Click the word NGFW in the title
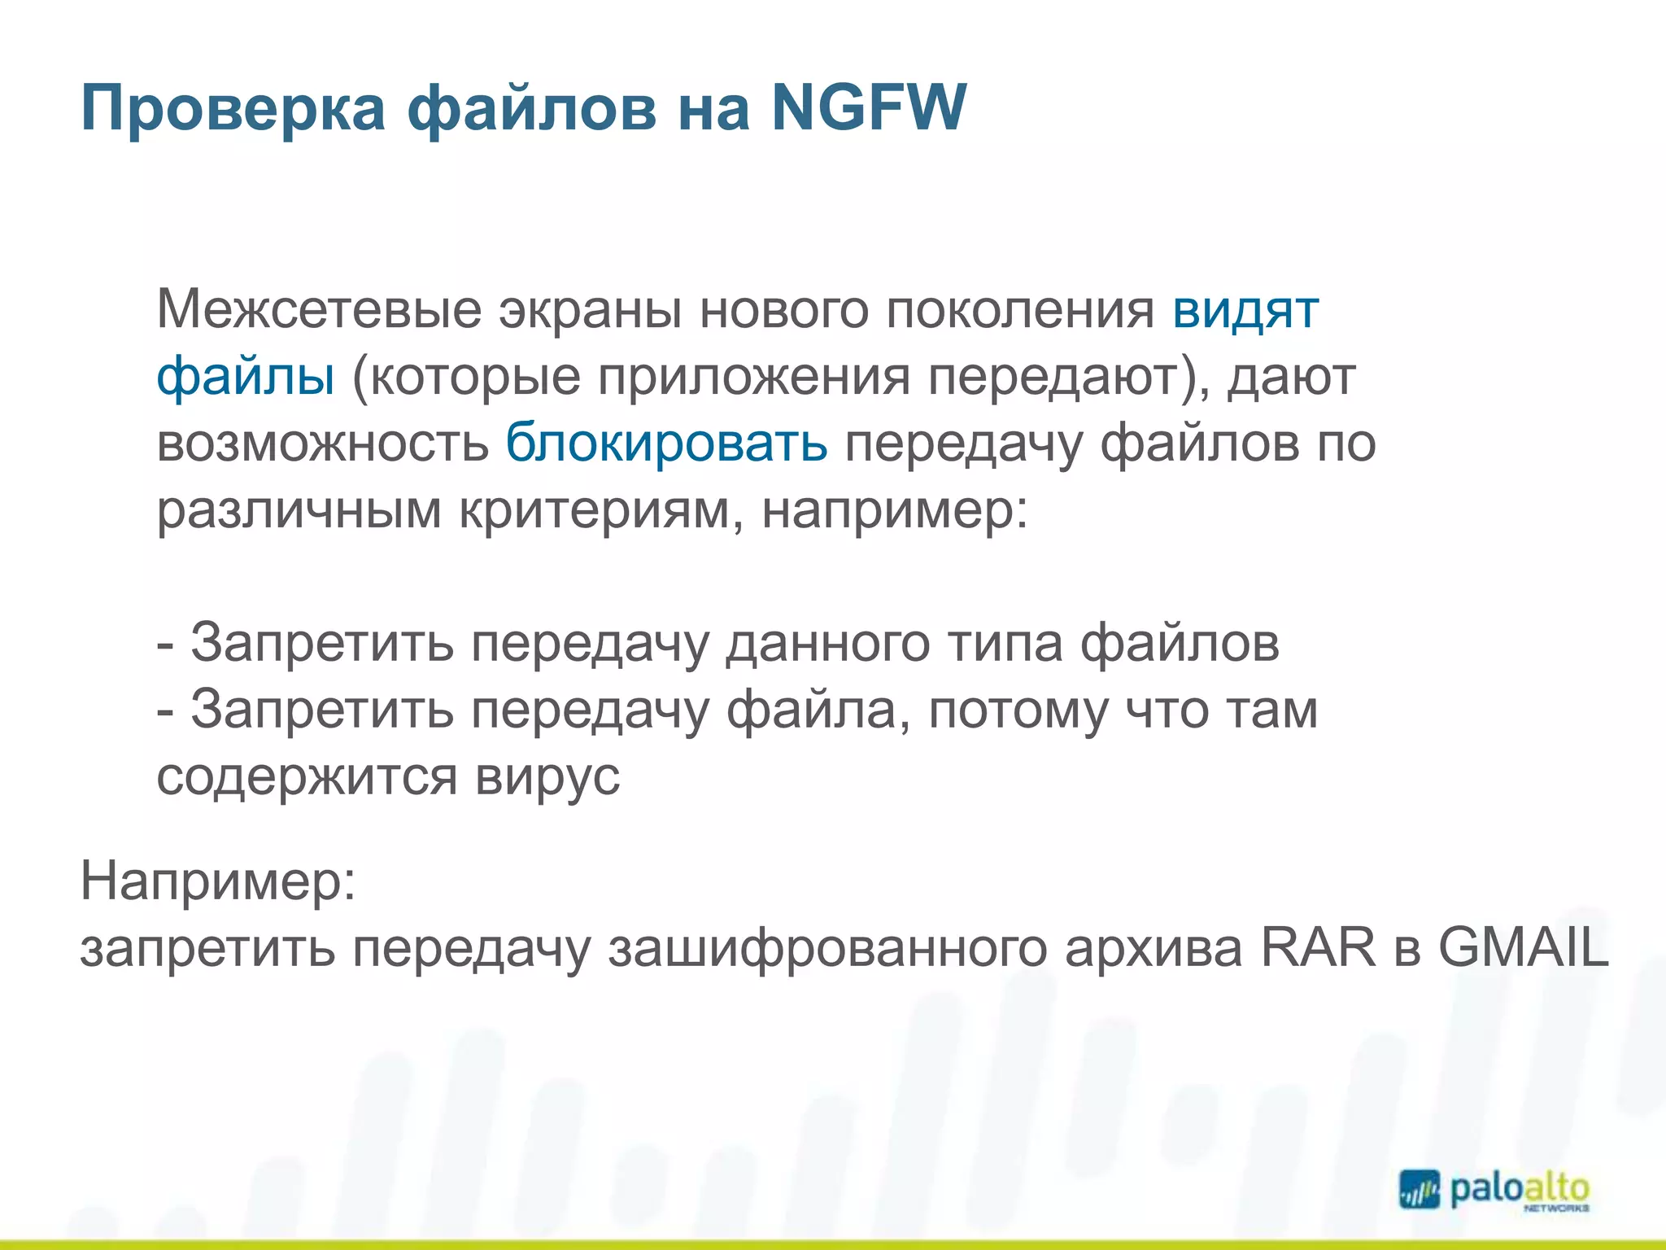pos(869,107)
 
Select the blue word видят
pos(1245,310)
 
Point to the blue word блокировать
pos(666,444)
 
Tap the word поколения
pos(1020,310)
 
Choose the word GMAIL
pos(1524,948)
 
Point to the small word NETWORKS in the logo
pos(1556,1209)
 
